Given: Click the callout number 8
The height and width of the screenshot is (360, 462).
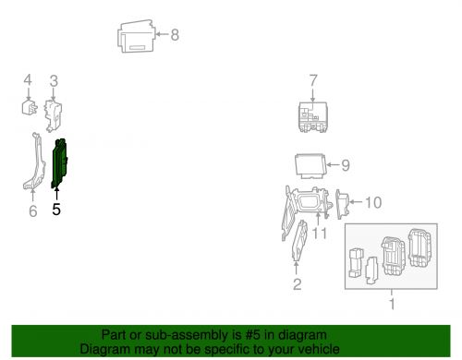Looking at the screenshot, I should tap(175, 36).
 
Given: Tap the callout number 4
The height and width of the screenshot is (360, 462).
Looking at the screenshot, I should tap(28, 80).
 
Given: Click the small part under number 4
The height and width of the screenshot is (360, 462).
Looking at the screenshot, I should tap(30, 109).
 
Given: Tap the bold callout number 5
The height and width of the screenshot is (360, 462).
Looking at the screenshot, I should tap(56, 210).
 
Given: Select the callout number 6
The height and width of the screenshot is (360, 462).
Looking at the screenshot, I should tap(32, 212).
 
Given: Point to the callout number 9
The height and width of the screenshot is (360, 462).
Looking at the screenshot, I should tap(345, 166).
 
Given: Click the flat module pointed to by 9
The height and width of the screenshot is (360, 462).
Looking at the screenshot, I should tap(312, 166).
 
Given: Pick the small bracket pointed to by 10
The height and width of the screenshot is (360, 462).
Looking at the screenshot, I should tap(343, 203).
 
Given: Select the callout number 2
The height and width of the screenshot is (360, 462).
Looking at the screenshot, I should tap(297, 284).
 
